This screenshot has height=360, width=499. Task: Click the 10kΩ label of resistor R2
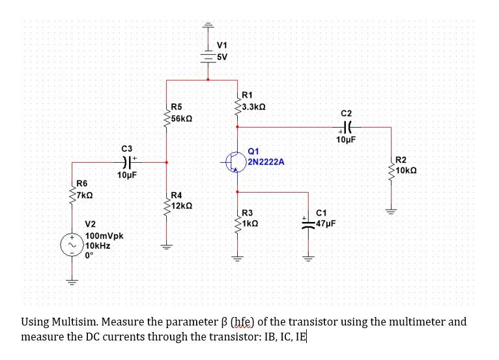coord(408,171)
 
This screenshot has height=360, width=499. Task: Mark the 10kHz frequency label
coord(97,246)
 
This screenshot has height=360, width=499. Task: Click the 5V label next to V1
coord(222,56)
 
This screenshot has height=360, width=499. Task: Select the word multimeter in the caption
coord(416,322)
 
